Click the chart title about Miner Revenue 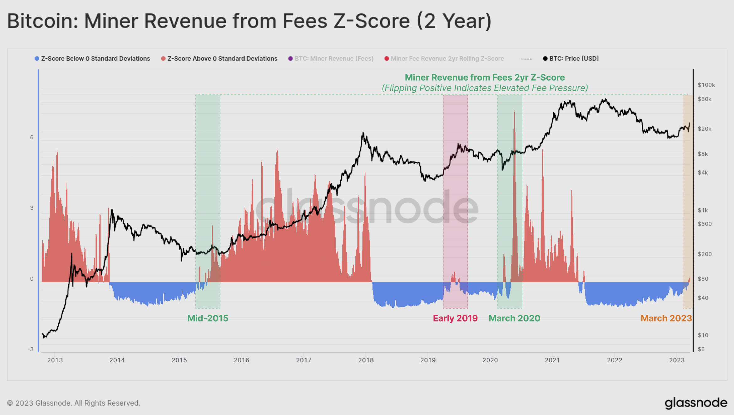[249, 21]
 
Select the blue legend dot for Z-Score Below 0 [37, 59]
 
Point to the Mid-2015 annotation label [208, 318]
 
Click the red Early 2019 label [455, 318]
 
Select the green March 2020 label [514, 318]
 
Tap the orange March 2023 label [666, 318]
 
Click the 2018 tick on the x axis [366, 360]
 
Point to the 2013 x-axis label [55, 360]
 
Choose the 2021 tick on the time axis [552, 360]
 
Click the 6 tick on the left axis [32, 137]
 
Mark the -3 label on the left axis [30, 349]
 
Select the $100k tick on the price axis [706, 85]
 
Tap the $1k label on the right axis [703, 210]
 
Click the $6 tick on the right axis [701, 349]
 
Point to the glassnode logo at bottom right [696, 403]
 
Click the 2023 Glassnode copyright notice [74, 403]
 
